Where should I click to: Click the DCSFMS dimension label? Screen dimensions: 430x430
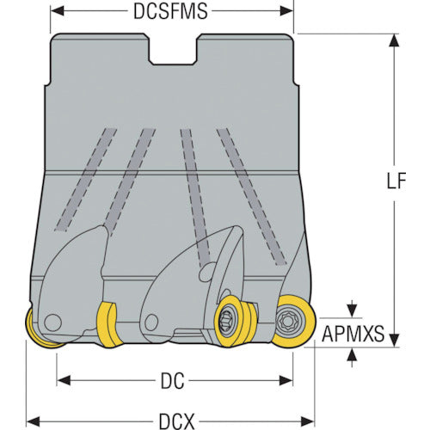tap(170, 11)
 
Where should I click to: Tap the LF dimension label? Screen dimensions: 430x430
tap(396, 181)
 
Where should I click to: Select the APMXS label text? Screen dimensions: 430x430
tap(353, 334)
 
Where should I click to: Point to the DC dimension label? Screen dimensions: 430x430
tap(173, 381)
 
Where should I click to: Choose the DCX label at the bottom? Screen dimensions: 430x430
tap(177, 421)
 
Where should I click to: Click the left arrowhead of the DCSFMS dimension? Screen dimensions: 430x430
tap(58, 11)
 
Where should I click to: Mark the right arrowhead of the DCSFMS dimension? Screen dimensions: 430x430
tap(286, 11)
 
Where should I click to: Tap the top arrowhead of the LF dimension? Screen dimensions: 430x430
tap(395, 40)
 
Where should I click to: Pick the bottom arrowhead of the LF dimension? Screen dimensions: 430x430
tap(395, 341)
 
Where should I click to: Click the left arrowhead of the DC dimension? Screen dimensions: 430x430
tap(64, 381)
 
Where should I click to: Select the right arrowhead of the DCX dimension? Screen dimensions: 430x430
tap(307, 421)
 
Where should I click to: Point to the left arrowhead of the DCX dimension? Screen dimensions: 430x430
tap(33, 421)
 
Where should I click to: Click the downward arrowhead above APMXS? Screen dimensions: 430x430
tap(352, 311)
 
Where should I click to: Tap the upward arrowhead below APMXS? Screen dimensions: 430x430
tap(352, 354)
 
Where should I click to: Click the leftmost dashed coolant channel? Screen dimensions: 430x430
tap(85, 180)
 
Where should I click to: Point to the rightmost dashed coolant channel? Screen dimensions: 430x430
tap(251, 197)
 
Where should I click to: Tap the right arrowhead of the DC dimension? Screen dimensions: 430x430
tap(286, 381)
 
